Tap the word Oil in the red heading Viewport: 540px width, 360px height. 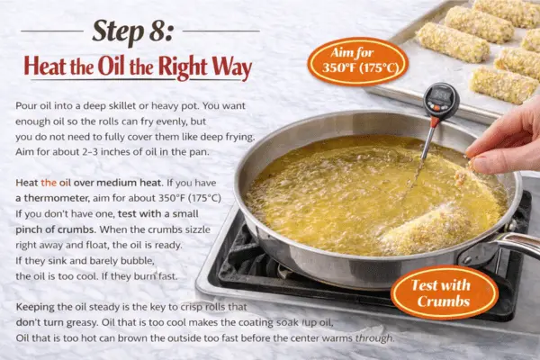point(112,66)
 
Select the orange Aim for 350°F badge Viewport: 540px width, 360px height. point(358,61)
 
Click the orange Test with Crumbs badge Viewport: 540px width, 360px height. point(444,292)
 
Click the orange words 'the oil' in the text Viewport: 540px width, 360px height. point(56,183)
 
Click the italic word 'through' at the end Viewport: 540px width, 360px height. point(374,338)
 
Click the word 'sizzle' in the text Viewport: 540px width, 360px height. point(198,229)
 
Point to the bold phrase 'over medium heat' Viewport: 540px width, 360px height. point(117,183)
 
